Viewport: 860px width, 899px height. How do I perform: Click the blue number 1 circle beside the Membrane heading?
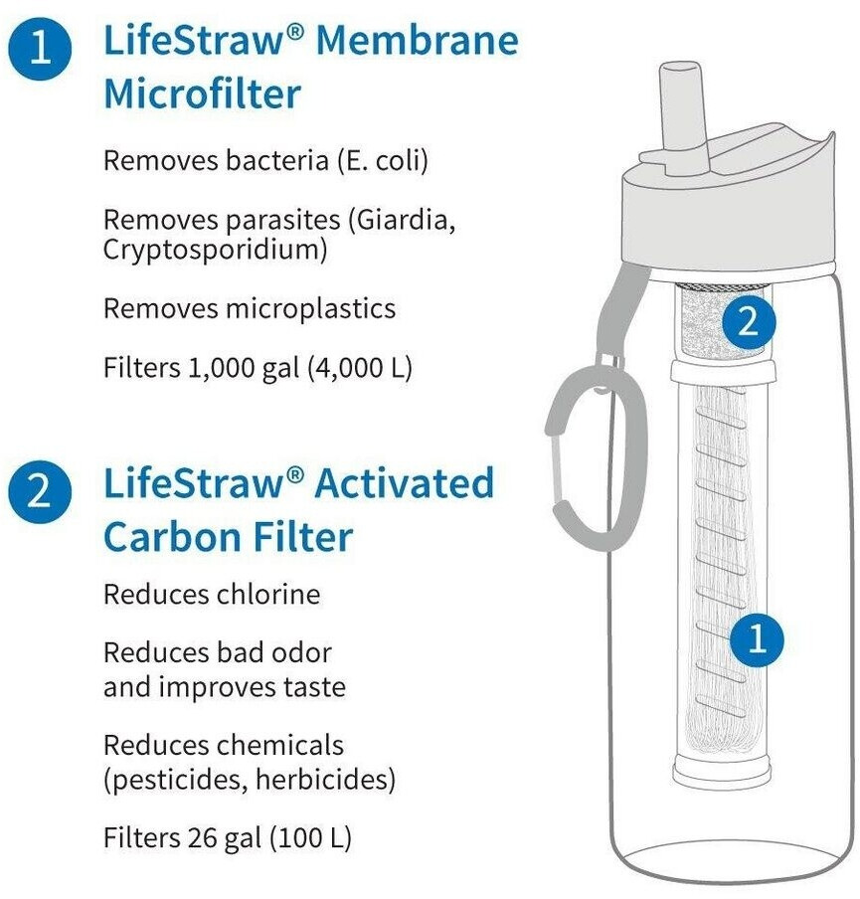(x=40, y=48)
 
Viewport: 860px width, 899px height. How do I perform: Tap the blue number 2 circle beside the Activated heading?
(x=40, y=492)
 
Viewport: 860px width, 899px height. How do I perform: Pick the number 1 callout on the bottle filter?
(x=757, y=638)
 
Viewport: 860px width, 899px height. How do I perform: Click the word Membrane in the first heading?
(x=417, y=42)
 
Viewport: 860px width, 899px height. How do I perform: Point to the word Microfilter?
(x=203, y=94)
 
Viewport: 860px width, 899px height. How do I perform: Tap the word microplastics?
(x=311, y=309)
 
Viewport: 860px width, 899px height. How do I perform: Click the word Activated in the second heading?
(x=405, y=482)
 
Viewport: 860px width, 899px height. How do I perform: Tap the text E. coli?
(x=381, y=160)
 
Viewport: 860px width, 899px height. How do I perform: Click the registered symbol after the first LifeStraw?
(x=293, y=32)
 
